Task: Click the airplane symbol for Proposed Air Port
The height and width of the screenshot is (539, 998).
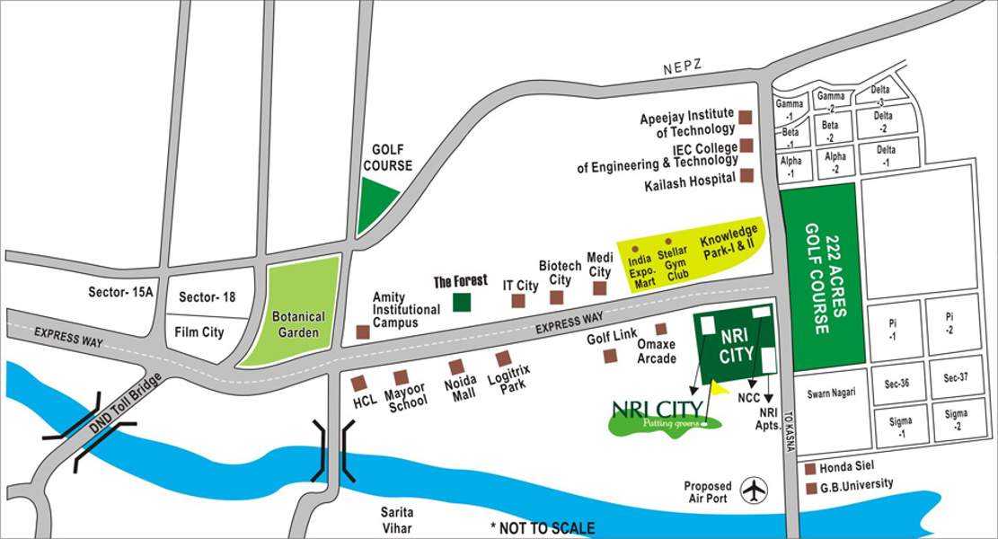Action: coord(755,490)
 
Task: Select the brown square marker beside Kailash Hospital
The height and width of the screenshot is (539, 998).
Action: coord(746,177)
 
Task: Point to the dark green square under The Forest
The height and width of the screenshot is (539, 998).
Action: coord(462,302)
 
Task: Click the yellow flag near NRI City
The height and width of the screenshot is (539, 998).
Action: coord(719,388)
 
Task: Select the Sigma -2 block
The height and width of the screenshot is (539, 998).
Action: coord(955,420)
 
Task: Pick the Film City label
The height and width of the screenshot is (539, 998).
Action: coord(200,332)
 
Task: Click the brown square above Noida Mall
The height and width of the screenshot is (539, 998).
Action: coord(456,366)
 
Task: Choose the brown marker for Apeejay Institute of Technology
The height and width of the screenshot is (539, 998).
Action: coord(746,117)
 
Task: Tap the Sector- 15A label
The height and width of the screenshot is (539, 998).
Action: coord(121,293)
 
